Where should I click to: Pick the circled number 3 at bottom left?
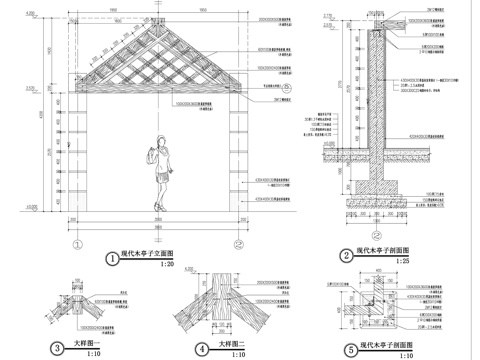pyautogui.click(x=58, y=349)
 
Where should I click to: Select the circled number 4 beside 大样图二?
pyautogui.click(x=203, y=349)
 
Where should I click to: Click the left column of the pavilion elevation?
pyautogui.click(x=76, y=150)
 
